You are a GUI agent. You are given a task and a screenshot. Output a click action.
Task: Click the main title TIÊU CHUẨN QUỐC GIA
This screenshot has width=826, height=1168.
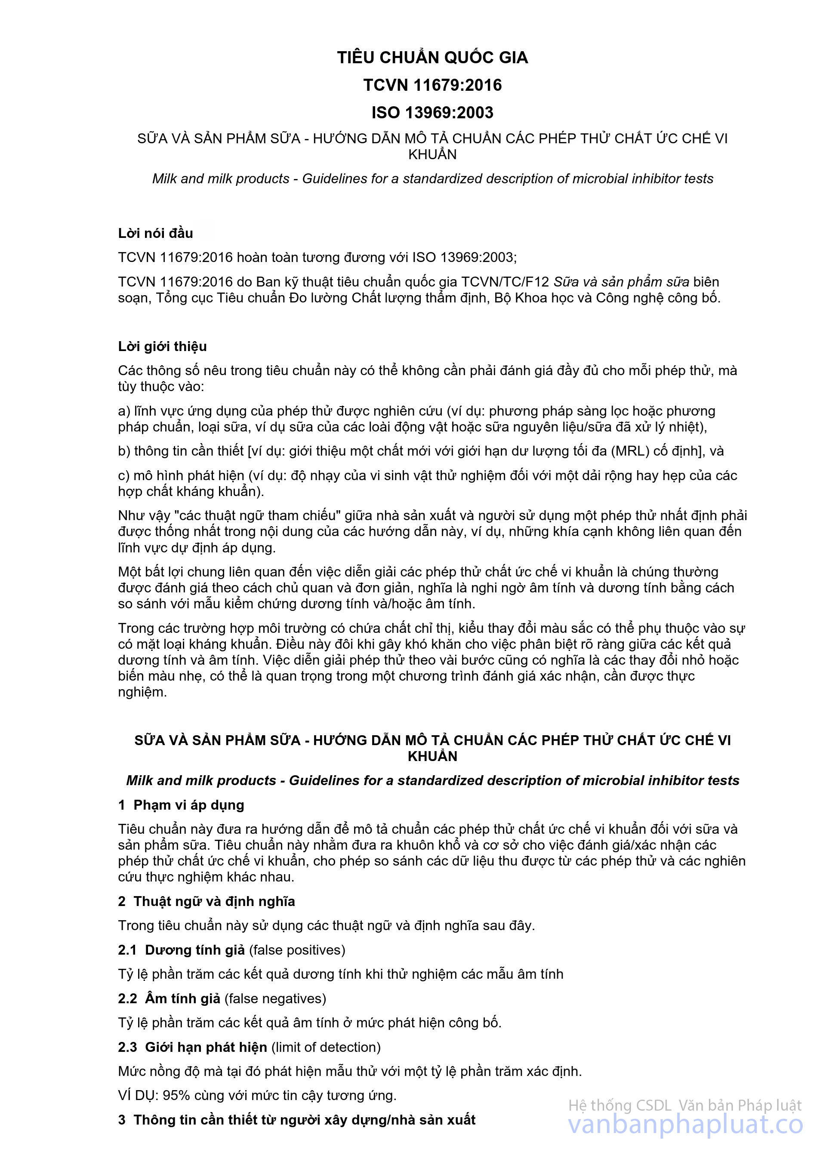pyautogui.click(x=432, y=58)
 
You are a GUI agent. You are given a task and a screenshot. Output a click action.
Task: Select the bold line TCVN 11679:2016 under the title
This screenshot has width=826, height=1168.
pyautogui.click(x=432, y=85)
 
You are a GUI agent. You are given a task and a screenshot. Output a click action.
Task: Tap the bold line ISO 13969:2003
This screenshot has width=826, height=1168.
pyautogui.click(x=432, y=112)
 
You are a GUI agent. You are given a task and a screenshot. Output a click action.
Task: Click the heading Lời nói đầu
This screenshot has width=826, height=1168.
pyautogui.click(x=156, y=233)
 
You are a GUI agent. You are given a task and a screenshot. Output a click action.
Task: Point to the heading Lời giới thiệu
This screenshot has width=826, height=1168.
pyautogui.click(x=162, y=346)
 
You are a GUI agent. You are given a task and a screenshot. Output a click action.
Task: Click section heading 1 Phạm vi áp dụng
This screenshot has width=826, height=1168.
pyautogui.click(x=181, y=805)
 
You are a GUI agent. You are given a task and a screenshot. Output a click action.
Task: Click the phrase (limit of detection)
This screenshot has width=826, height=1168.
pyautogui.click(x=326, y=1047)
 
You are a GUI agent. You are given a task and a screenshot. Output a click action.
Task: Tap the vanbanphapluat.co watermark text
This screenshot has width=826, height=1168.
pyautogui.click(x=685, y=1124)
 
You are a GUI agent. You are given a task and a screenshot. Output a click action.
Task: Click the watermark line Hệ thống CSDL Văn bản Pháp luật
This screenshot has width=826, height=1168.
pyautogui.click(x=684, y=1105)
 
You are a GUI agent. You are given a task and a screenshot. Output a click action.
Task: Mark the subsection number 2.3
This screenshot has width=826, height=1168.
pyautogui.click(x=128, y=1047)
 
